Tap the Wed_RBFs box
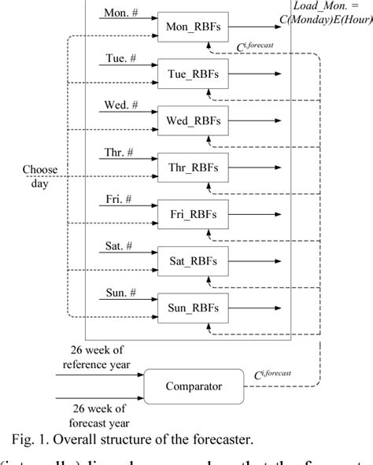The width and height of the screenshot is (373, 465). coord(193,121)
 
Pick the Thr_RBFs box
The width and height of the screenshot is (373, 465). coord(193,168)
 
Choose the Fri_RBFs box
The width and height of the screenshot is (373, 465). coord(193,213)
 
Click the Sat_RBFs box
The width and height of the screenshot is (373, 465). coord(193,260)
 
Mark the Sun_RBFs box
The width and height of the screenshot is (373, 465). coord(193,306)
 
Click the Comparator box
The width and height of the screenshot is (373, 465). coord(193,386)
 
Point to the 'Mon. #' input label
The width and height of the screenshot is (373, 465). coord(119,13)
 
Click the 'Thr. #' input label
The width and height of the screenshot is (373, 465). coord(119,153)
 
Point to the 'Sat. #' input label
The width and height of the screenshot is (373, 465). coord(119,245)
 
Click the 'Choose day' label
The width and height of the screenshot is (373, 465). coord(39,175)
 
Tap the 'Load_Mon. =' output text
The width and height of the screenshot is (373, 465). coord(338,6)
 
